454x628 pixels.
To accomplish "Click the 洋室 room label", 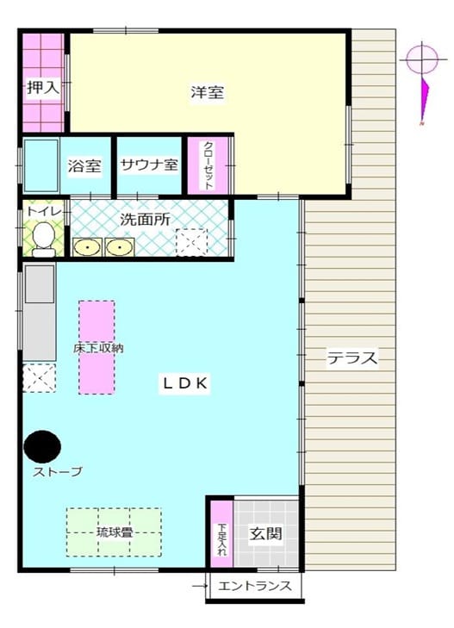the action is pos(207,92).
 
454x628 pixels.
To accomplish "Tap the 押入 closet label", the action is pos(43,87).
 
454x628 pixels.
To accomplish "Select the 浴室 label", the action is pos(84,165).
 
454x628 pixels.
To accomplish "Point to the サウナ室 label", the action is pos(149,165).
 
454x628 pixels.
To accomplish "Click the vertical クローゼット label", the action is pos(208,165).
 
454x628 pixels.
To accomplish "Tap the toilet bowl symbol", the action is pos(44,239).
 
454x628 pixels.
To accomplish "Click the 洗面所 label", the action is pos(145,219).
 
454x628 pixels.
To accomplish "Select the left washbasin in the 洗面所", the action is pos(87,247).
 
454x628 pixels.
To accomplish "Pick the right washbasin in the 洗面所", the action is pos(119,247).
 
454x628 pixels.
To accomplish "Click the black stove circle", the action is pos(42,446).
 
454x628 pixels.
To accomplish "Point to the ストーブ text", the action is pos(58,472).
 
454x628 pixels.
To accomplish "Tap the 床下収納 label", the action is pos(98,348).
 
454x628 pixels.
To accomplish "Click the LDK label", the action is pos(184,383).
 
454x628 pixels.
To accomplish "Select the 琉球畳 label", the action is pos(115,532).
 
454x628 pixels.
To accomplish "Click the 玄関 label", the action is pos(266,533).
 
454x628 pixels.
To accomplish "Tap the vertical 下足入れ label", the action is pos(221,539).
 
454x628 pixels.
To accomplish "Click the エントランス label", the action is pos(255,587).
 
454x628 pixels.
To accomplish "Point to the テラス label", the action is pos(352,358).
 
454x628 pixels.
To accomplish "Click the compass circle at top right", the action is pos(421,59).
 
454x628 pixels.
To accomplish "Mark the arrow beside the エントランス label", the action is pos(200,587).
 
